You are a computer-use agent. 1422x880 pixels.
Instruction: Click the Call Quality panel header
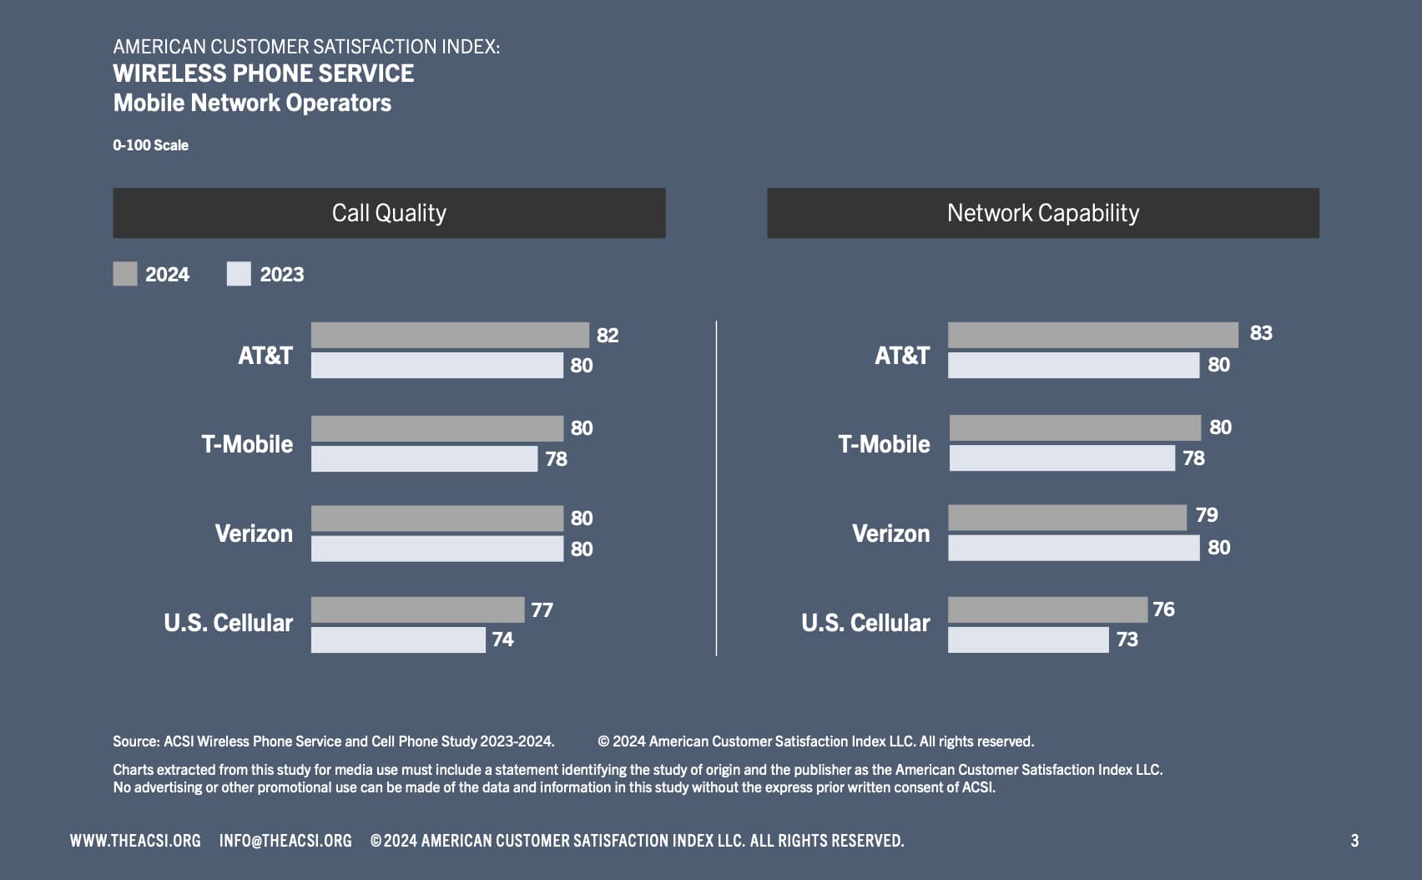click(389, 213)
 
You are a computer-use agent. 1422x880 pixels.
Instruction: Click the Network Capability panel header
click(1042, 213)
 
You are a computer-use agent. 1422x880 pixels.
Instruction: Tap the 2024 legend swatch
click(125, 274)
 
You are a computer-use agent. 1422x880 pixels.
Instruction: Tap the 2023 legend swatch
click(239, 274)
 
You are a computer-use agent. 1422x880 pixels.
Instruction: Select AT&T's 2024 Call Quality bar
click(450, 335)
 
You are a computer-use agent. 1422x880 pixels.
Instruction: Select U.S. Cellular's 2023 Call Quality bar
click(398, 640)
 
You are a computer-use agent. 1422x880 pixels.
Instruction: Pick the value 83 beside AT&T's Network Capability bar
click(1260, 333)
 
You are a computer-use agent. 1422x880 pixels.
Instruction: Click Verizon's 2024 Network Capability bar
click(1066, 518)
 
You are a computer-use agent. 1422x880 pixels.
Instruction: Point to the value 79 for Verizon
click(1206, 515)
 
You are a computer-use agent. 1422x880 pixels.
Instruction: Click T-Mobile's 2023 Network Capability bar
click(1061, 458)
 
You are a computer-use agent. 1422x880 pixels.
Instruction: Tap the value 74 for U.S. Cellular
click(502, 640)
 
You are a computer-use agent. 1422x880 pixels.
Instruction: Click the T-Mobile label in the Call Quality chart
click(247, 444)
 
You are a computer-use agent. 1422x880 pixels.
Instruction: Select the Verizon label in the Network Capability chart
click(890, 534)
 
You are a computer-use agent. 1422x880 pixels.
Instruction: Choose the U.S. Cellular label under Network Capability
click(865, 623)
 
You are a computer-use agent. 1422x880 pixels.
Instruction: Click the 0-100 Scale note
click(150, 145)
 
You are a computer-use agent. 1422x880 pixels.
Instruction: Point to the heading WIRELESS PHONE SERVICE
click(263, 73)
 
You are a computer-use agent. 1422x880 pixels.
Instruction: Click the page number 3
click(1354, 841)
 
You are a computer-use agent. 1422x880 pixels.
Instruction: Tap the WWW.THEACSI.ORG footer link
click(135, 841)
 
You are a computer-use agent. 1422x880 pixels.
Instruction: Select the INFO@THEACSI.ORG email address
click(285, 841)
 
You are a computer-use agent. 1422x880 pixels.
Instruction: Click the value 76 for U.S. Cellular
click(1163, 609)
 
